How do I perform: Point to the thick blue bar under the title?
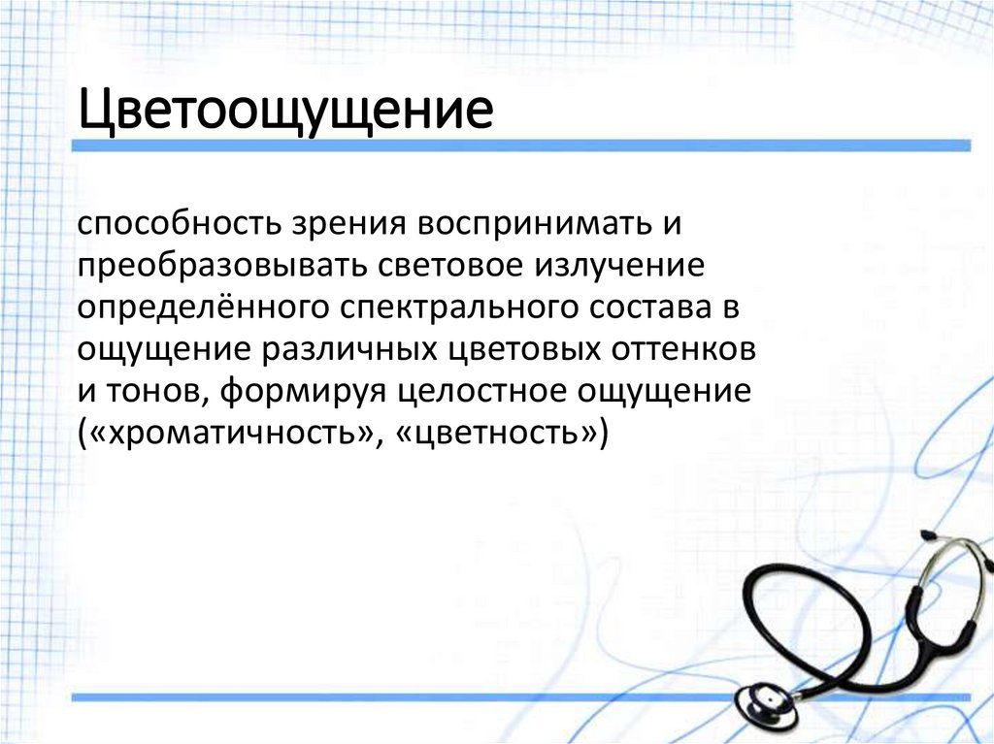click(x=524, y=146)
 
